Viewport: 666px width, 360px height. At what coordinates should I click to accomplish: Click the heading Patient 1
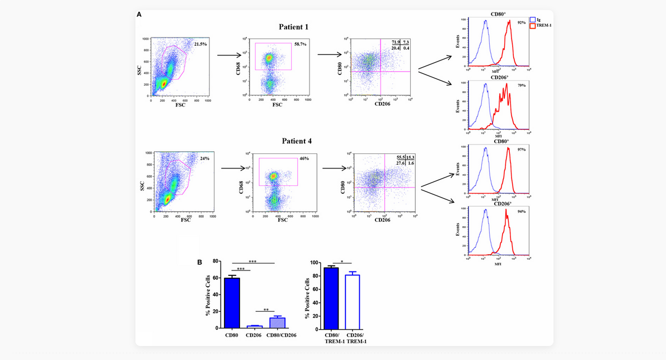(x=293, y=27)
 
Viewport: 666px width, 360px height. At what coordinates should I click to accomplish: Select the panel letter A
(x=139, y=15)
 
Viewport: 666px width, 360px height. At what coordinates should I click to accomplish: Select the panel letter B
(x=200, y=261)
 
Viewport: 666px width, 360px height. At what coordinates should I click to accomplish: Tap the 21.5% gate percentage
(x=200, y=44)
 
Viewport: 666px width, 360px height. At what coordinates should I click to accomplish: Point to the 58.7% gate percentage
(x=301, y=43)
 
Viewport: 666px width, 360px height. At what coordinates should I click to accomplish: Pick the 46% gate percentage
(x=304, y=158)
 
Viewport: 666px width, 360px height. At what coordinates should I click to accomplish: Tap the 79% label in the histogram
(x=522, y=86)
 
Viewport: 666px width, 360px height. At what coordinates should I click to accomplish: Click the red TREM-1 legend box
(x=532, y=26)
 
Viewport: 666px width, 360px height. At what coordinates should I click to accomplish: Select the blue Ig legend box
(x=532, y=20)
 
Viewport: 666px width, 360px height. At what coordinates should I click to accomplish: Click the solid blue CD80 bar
(x=232, y=302)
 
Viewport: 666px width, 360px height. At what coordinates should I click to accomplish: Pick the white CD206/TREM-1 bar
(x=352, y=301)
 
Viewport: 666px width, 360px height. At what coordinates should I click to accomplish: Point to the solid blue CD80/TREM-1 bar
(x=331, y=298)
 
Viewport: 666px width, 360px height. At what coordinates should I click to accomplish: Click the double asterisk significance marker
(x=266, y=309)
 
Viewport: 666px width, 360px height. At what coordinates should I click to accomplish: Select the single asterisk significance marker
(x=341, y=261)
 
